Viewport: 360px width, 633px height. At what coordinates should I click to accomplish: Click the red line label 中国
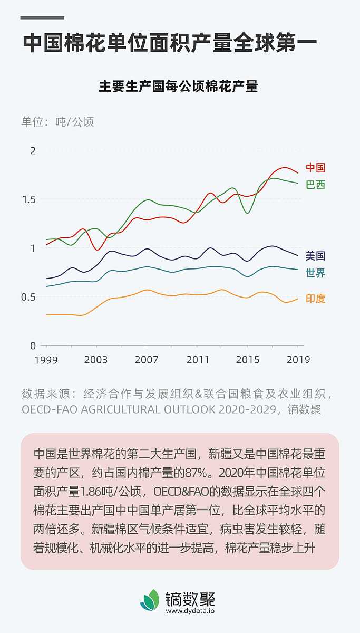point(315,168)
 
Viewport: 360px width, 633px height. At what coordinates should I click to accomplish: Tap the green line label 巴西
point(315,185)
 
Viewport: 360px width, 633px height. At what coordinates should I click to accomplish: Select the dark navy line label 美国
point(315,256)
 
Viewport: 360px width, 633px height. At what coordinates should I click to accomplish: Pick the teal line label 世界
point(315,273)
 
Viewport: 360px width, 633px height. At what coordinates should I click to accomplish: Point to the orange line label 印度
point(315,299)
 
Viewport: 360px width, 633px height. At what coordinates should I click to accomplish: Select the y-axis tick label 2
point(33,151)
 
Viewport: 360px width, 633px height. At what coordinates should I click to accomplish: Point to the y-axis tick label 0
point(33,346)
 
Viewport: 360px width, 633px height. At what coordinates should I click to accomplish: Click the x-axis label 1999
point(46,360)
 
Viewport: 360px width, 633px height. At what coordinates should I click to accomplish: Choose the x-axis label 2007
point(146,360)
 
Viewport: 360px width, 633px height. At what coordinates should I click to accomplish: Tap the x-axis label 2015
point(248,360)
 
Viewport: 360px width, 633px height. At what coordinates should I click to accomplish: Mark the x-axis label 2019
point(298,360)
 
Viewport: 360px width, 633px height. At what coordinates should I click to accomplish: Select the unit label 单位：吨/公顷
point(57,122)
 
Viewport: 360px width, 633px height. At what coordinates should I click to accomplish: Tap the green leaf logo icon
point(150,600)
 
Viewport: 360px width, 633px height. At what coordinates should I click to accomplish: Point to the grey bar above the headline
point(42,18)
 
